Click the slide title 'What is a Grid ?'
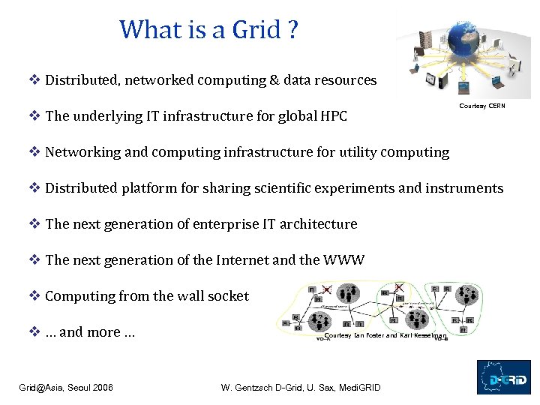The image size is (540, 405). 208,30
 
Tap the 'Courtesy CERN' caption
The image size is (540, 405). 482,106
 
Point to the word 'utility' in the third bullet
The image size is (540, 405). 355,152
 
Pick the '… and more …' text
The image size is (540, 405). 90,332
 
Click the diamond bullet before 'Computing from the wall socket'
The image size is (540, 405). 34,296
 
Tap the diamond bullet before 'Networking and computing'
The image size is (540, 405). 34,152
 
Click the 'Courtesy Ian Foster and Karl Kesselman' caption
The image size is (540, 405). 385,335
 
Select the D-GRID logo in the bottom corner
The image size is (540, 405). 503,377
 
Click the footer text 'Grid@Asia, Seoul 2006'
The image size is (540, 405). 66,388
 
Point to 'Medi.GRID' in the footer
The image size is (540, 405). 360,388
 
